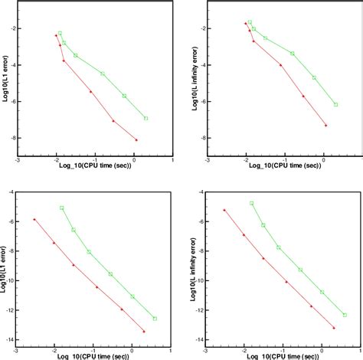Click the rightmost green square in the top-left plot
[x=146, y=119]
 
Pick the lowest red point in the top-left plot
[x=136, y=140]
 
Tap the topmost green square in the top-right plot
[x=250, y=22]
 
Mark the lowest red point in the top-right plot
[x=325, y=126]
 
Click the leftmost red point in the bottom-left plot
[x=34, y=219]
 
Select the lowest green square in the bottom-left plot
[x=155, y=319]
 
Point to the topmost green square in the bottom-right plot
[x=251, y=203]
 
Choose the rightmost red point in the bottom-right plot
[x=333, y=328]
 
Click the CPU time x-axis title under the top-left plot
[x=94, y=170]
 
